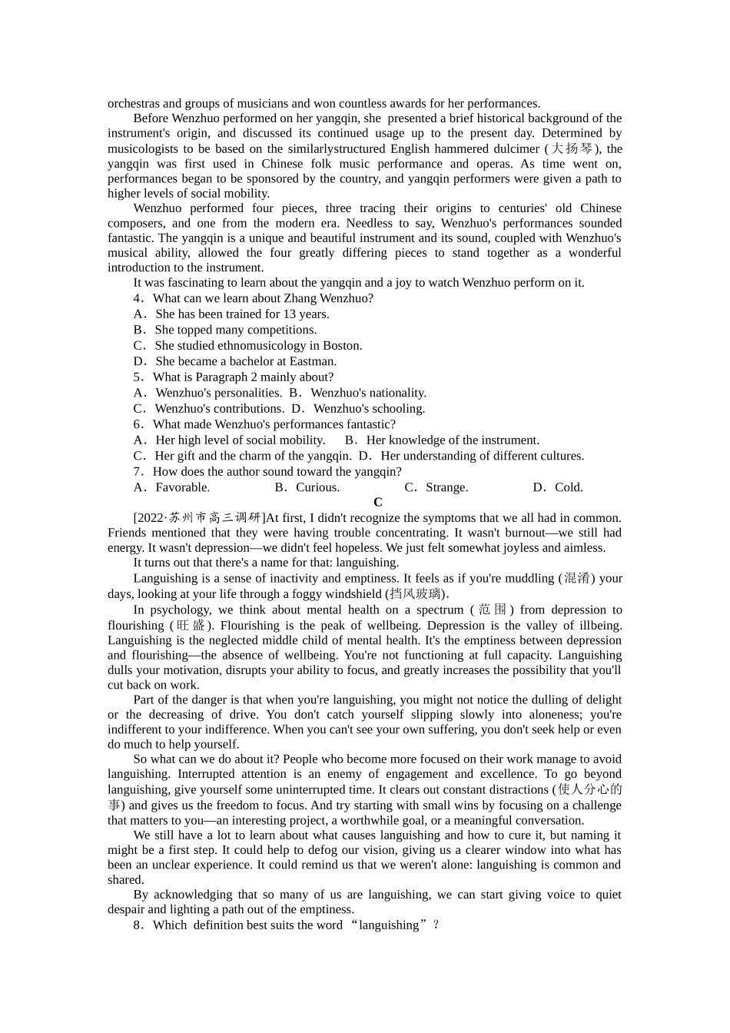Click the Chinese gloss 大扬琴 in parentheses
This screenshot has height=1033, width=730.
pos(571,149)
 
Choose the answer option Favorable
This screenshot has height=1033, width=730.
pos(182,487)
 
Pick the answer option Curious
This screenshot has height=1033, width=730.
pos(317,487)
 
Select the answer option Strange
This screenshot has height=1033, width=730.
pos(446,487)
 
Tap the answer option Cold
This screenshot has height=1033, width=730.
pos(569,487)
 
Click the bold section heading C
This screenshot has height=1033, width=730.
pos(377,503)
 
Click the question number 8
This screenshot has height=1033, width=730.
pos(138,925)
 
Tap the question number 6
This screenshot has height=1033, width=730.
pos(138,424)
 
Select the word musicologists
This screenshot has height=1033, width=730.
pos(143,149)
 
